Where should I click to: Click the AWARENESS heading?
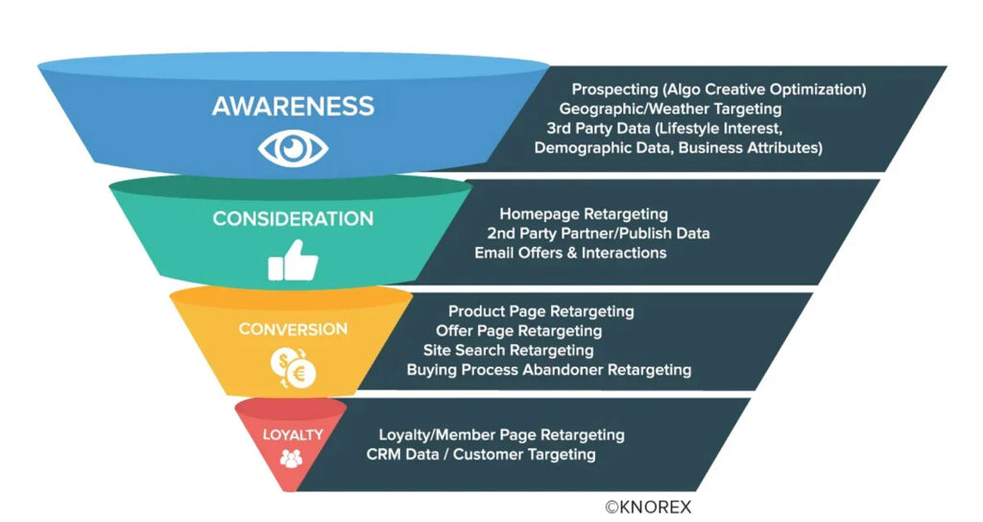293,106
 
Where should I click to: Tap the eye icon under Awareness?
293,149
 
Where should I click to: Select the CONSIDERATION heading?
293,218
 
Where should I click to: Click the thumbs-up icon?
293,261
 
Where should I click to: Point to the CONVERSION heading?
293,329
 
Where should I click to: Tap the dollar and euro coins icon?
293,368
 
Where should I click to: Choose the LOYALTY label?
293,435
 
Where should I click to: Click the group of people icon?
292,459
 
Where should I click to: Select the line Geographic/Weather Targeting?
670,109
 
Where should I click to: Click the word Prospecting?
614,89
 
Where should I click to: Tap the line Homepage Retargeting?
584,214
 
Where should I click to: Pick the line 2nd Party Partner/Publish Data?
598,234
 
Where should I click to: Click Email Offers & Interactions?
570,253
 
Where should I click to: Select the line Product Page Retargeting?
541,311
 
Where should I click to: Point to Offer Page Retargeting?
519,331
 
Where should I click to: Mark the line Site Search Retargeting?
509,351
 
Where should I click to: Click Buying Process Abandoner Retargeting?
549,370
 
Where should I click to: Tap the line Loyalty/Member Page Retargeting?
501,435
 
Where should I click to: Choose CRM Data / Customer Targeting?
481,454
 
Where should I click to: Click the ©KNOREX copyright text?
648,507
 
